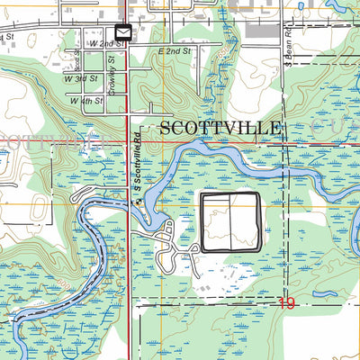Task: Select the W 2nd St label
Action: tap(106, 43)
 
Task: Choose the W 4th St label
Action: tap(86, 100)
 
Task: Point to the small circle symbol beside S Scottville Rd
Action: tap(139, 202)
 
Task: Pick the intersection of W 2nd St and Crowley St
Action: tap(126, 44)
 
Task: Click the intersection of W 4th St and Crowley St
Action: tap(126, 101)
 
